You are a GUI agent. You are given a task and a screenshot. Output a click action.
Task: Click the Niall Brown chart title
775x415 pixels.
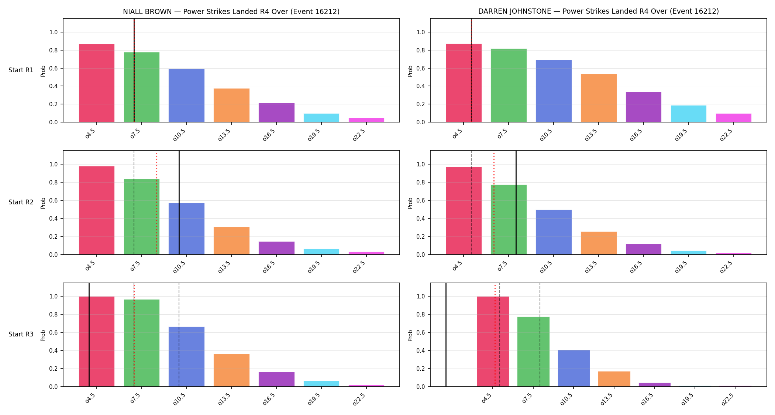click(x=231, y=11)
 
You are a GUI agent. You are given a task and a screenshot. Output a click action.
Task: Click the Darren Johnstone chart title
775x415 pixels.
click(x=598, y=11)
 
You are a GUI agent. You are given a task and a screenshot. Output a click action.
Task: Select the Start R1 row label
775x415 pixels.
click(x=21, y=70)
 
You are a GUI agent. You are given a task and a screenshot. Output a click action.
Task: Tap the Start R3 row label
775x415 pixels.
click(x=21, y=334)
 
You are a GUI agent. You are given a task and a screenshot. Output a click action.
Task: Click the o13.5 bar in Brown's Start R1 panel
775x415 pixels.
click(x=231, y=105)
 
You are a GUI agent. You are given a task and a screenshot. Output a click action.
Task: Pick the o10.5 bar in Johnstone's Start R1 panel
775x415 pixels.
click(x=554, y=91)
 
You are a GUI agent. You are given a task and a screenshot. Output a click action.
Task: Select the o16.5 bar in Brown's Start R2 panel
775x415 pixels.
click(x=276, y=248)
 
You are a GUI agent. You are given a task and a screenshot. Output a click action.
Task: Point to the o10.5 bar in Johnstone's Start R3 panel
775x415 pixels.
click(x=574, y=368)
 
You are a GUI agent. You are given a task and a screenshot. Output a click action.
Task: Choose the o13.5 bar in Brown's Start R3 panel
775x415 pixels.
click(x=231, y=370)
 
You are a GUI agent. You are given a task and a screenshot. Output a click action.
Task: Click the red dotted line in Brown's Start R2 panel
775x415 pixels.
click(x=156, y=203)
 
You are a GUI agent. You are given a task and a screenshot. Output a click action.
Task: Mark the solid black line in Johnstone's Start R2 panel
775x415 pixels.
click(x=516, y=203)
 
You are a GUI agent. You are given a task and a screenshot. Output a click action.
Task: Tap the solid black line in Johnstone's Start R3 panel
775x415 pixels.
click(x=446, y=335)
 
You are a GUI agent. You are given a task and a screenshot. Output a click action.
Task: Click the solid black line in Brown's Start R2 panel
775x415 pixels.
click(x=179, y=203)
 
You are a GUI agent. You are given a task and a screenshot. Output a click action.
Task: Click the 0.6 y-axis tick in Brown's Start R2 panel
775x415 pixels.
click(x=54, y=200)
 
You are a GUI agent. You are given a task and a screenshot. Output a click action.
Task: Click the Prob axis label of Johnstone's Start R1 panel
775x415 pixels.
click(x=410, y=71)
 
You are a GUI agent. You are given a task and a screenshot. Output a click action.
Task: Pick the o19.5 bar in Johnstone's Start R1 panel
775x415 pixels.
click(x=689, y=114)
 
